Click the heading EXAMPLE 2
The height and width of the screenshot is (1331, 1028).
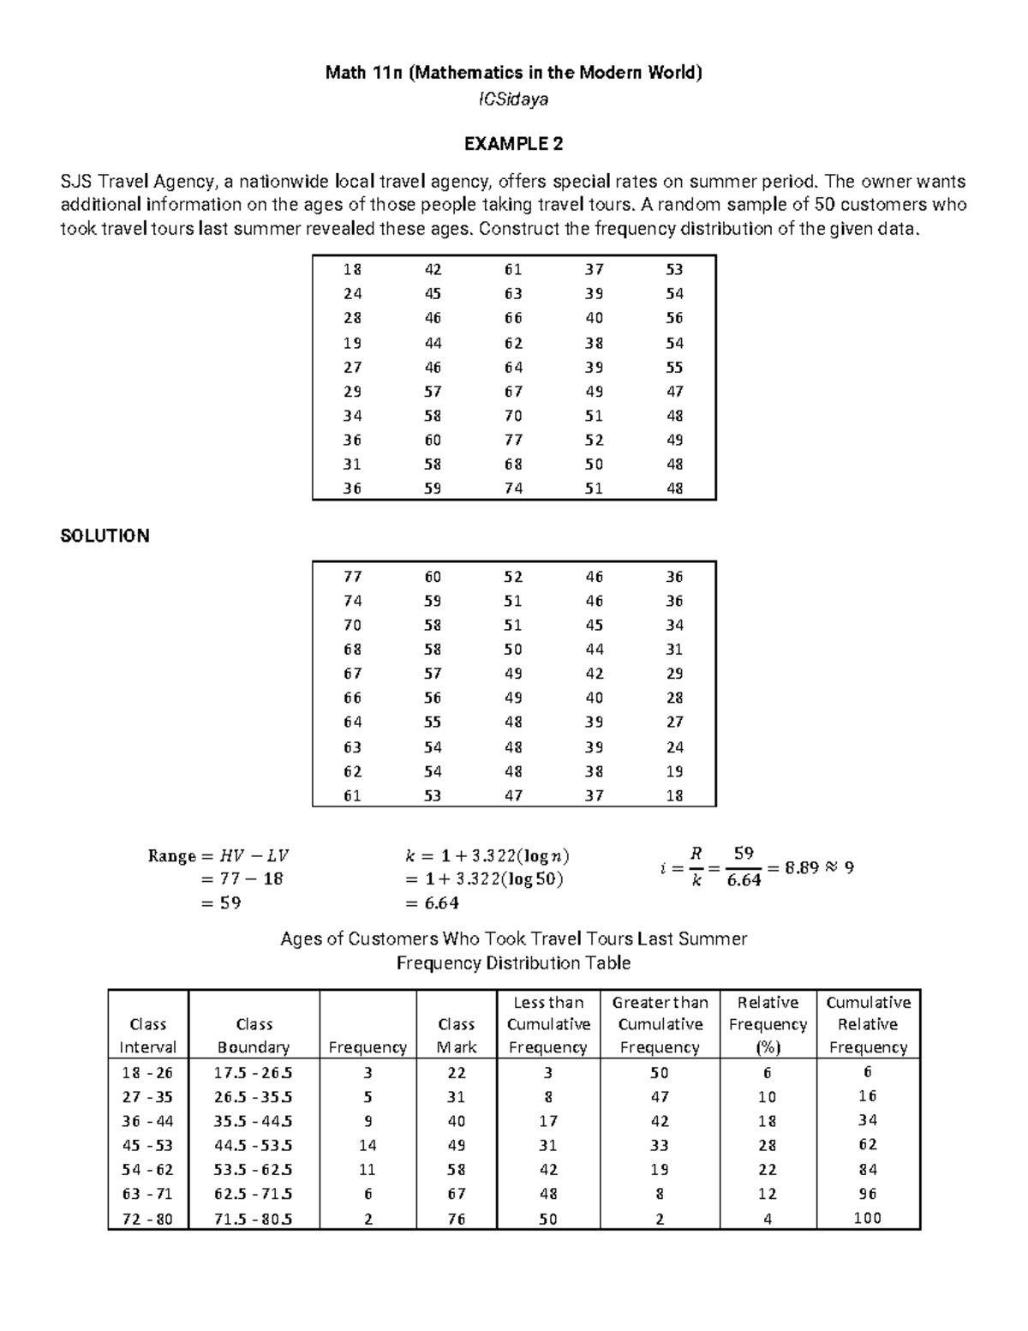pos(513,144)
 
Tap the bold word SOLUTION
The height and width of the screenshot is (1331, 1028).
pos(105,536)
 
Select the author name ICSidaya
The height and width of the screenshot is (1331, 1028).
pos(513,99)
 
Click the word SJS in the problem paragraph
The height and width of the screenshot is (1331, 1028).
pos(75,182)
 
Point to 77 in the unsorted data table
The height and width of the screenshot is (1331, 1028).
pos(513,440)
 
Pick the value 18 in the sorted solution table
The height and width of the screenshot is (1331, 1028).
pos(674,795)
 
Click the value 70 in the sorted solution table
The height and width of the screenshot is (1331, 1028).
pos(352,625)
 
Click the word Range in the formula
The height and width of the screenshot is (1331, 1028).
pos(171,855)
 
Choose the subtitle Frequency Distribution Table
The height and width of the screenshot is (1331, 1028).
pos(513,963)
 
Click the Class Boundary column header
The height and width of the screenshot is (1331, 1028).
pos(254,1035)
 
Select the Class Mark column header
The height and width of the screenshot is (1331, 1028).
pos(456,1035)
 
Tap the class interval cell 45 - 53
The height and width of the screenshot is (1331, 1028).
pos(147,1145)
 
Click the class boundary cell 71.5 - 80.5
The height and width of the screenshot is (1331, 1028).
pos(254,1218)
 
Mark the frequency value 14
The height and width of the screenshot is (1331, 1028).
pos(368,1145)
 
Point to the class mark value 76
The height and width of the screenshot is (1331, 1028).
pos(456,1218)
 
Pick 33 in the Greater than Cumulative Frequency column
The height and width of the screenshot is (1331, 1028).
pos(660,1145)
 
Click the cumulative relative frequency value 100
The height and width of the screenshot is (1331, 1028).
pos(867,1217)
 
